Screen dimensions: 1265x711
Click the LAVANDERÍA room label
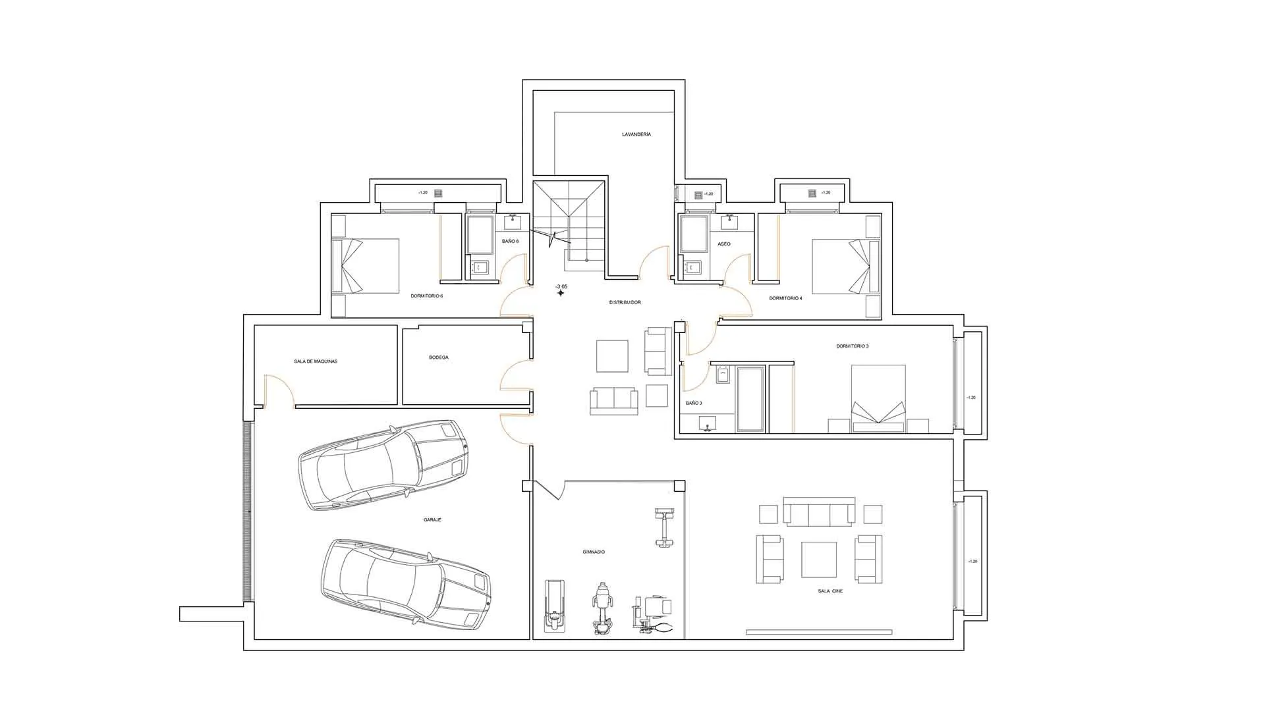click(636, 134)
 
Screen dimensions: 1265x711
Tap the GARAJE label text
click(432, 520)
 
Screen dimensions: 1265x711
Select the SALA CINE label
click(830, 591)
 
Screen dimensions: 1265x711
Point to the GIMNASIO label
click(594, 552)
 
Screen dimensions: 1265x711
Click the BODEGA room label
click(439, 357)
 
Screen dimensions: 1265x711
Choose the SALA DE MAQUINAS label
click(316, 361)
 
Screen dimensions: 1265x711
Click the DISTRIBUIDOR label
click(625, 302)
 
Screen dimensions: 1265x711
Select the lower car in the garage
click(407, 583)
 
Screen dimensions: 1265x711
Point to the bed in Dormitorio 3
click(878, 398)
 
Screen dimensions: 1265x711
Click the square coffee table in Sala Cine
click(819, 560)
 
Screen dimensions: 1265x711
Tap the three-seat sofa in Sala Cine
click(819, 511)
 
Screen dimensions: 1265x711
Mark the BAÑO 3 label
click(694, 403)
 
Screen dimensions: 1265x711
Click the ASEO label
click(724, 244)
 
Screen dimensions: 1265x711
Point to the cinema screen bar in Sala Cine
click(819, 632)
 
